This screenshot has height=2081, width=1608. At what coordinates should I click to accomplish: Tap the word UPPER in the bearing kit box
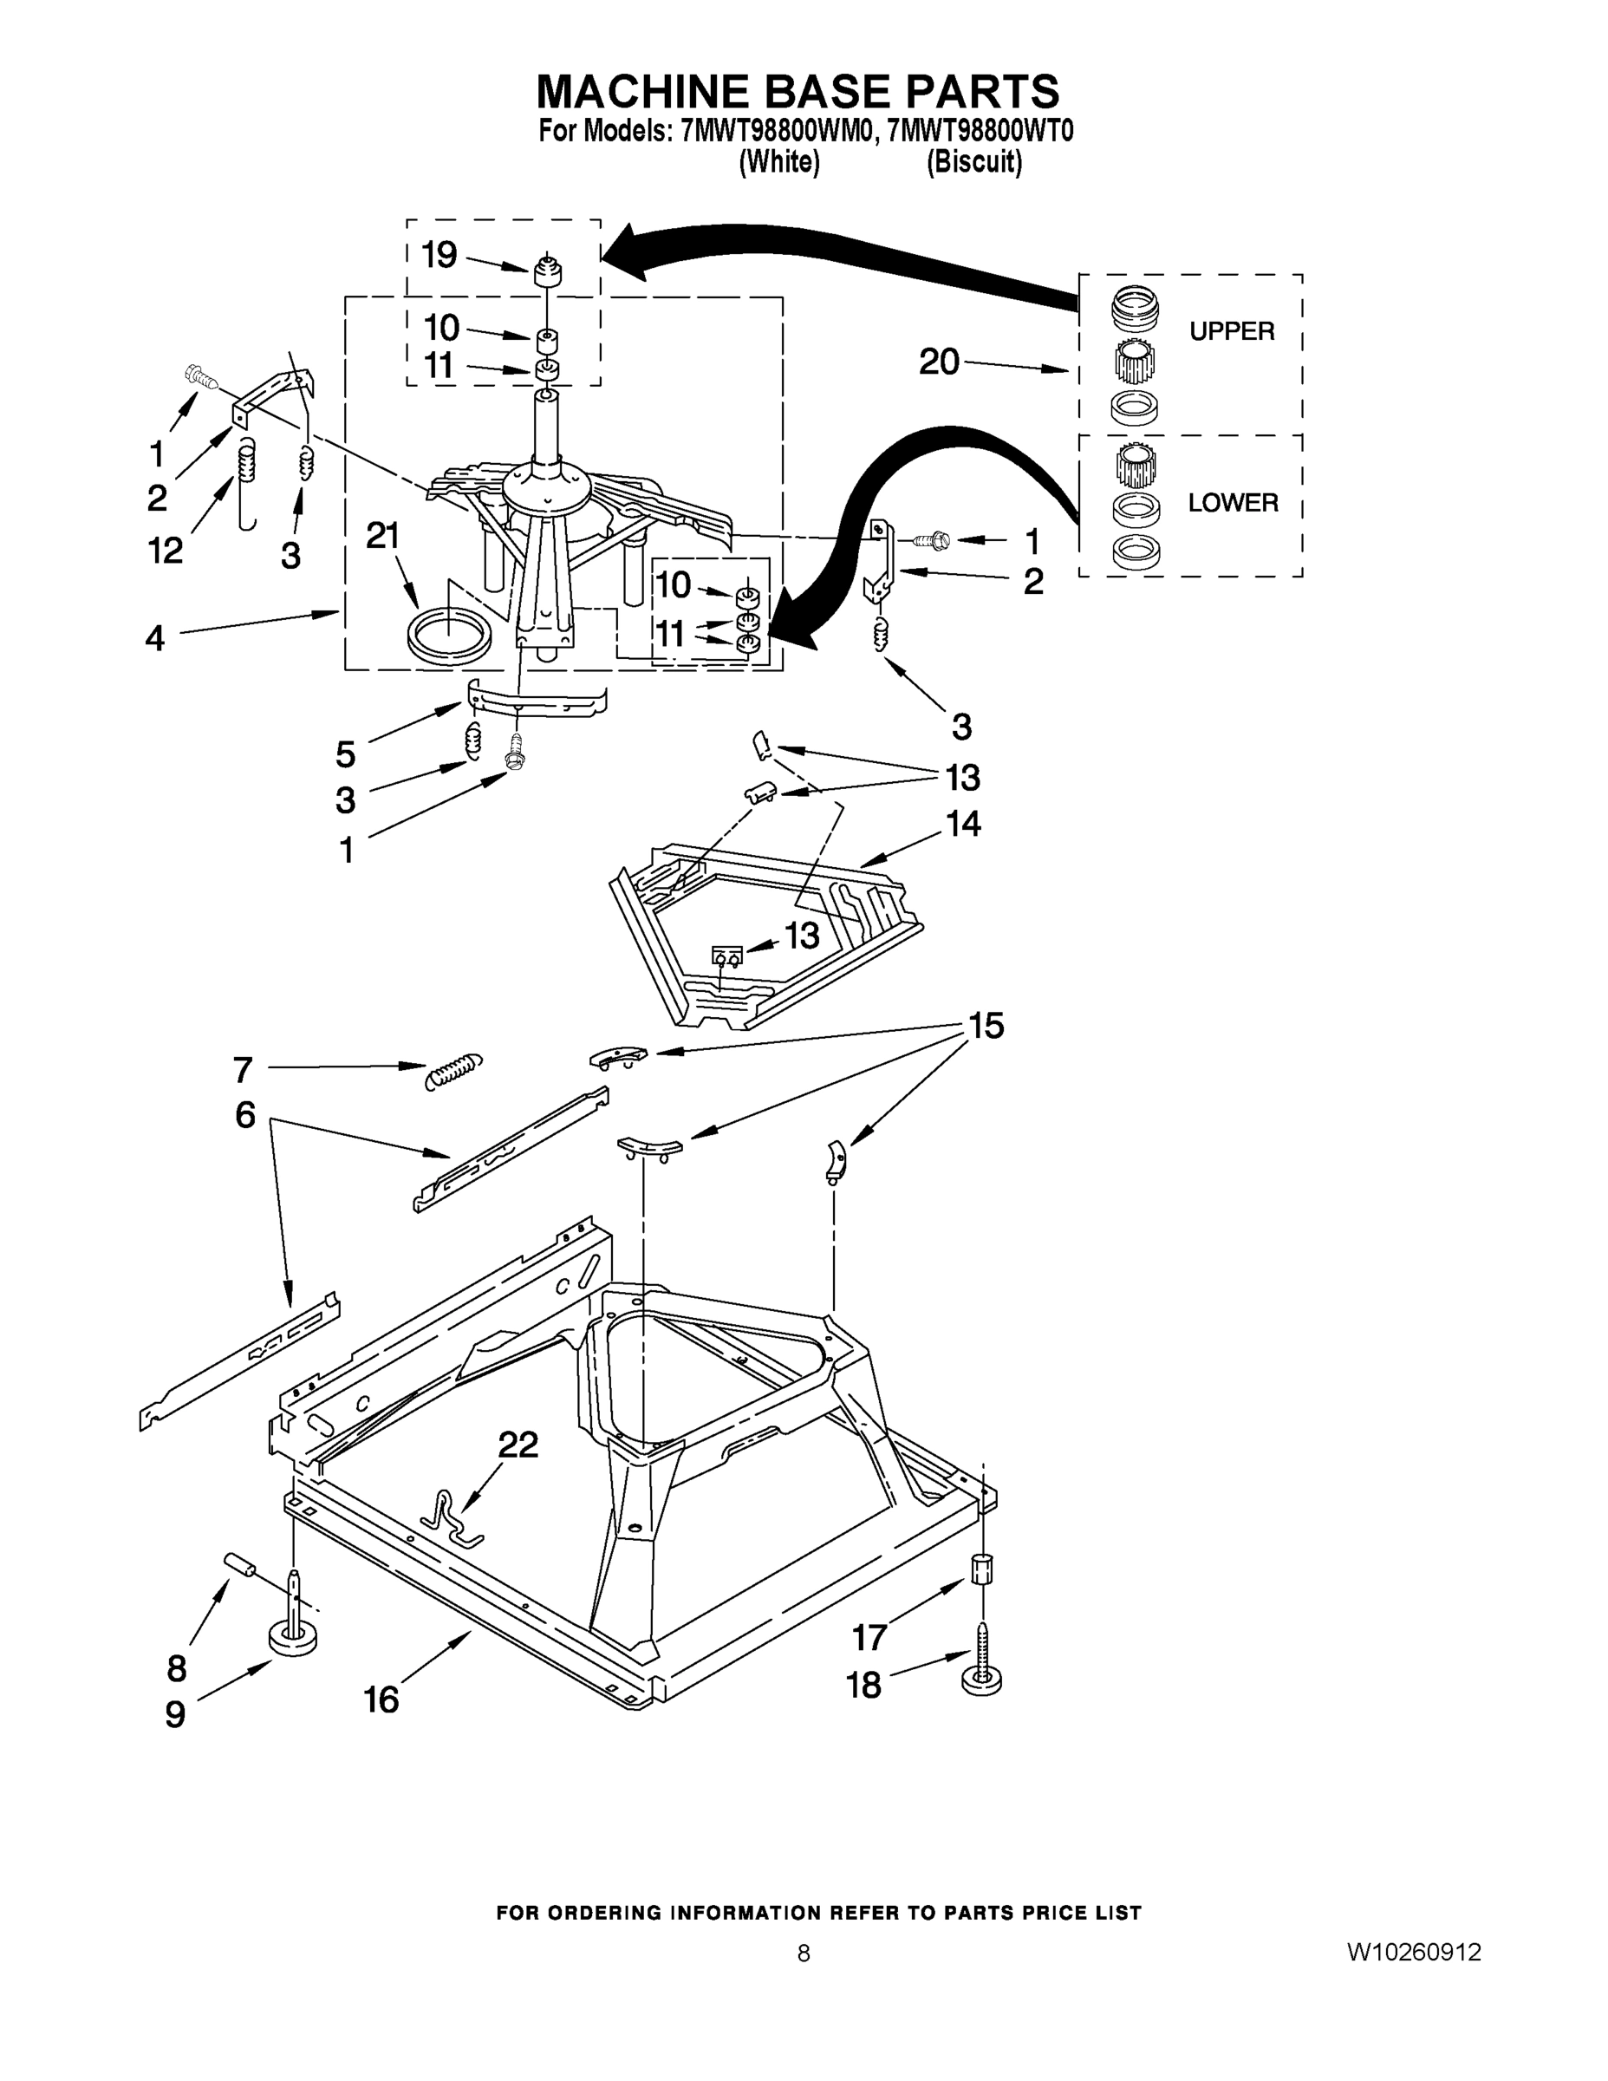(x=1231, y=331)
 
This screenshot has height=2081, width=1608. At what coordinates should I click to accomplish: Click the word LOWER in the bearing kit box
(x=1233, y=502)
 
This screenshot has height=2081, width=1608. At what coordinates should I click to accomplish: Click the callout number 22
(x=518, y=1445)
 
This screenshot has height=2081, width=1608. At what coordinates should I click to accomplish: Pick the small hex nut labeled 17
(x=982, y=1568)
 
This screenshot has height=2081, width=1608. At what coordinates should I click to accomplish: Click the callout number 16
(x=381, y=1699)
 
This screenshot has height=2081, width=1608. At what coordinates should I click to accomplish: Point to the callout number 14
(x=963, y=822)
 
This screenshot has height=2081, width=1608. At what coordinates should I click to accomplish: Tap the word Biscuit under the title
(x=973, y=162)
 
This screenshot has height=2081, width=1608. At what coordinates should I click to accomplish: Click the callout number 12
(x=165, y=550)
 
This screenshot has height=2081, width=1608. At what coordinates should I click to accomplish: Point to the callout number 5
(x=346, y=753)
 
